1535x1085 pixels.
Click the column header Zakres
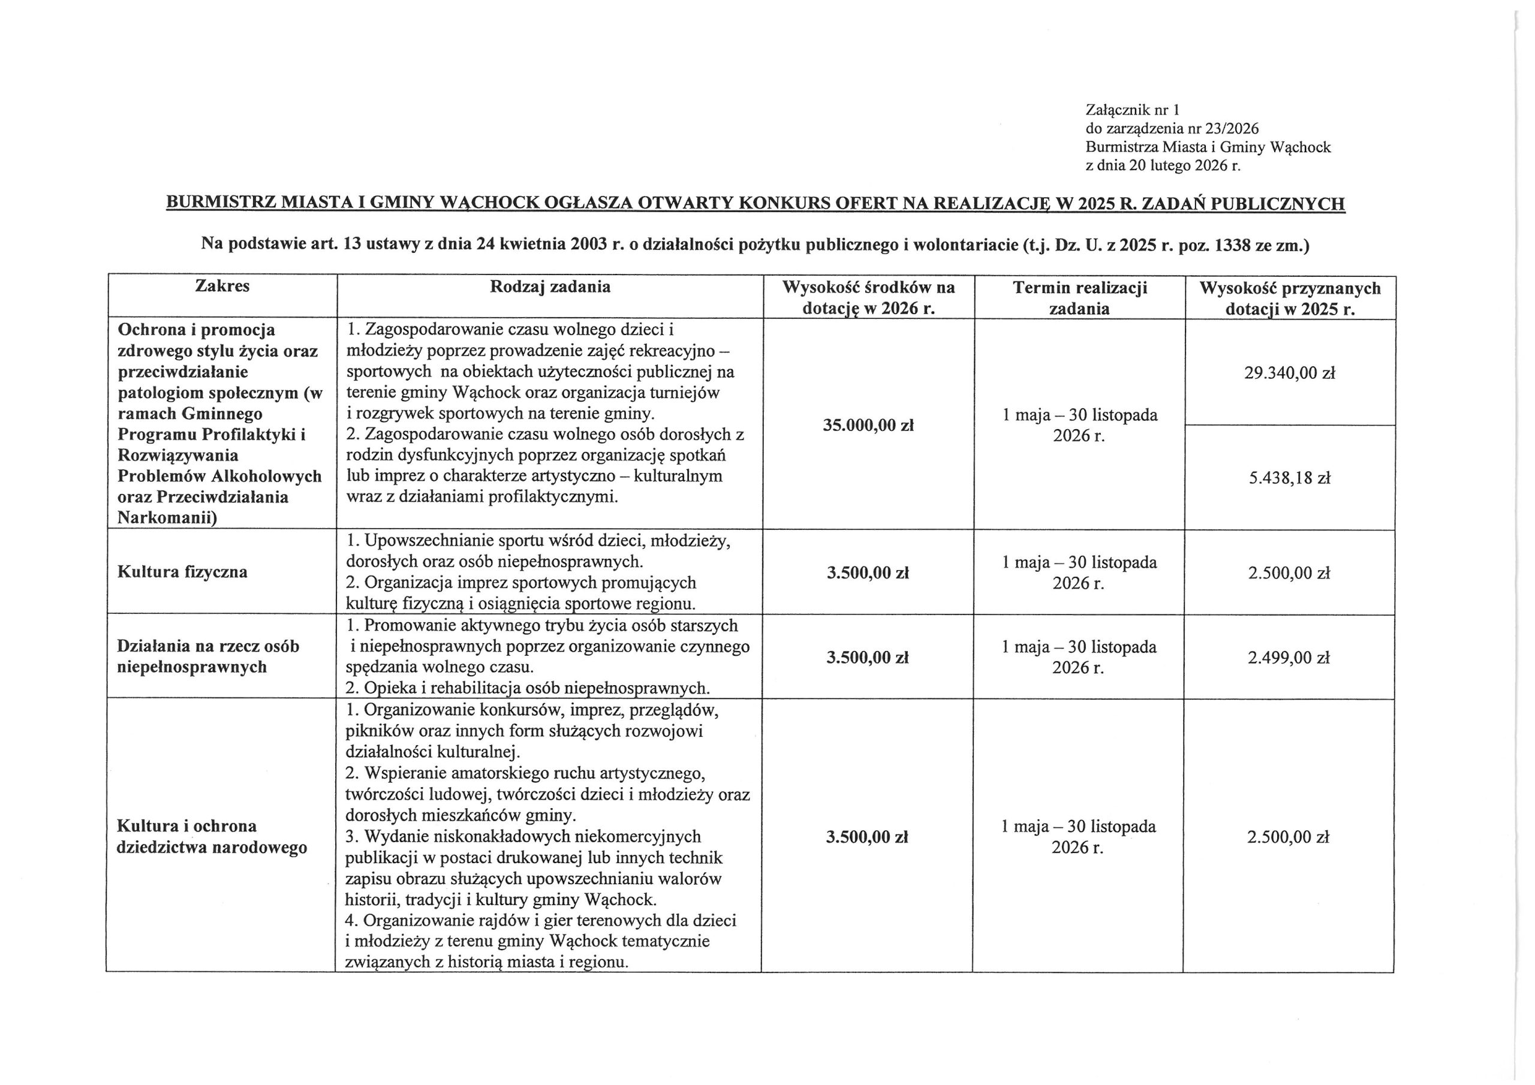point(222,286)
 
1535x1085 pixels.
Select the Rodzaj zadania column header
point(550,287)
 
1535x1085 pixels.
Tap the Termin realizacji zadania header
point(1079,297)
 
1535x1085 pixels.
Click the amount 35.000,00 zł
point(868,425)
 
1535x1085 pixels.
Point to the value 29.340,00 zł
point(1289,373)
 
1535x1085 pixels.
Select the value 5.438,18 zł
point(1289,478)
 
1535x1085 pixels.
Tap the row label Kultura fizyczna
point(182,572)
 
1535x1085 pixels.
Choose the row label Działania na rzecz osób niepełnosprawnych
point(208,656)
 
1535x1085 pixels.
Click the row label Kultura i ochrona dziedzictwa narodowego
point(211,836)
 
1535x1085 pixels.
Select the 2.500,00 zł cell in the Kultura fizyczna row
point(1289,573)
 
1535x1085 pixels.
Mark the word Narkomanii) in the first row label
point(167,517)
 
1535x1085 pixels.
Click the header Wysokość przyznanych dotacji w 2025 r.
point(1290,298)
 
